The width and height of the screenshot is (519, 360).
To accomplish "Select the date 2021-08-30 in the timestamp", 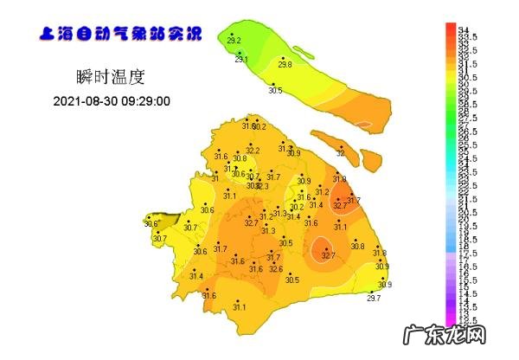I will click(86, 101).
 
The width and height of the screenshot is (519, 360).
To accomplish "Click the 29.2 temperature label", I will click(234, 41).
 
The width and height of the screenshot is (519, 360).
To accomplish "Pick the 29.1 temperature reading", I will click(241, 60).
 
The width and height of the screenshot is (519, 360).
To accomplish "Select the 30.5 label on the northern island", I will click(275, 90).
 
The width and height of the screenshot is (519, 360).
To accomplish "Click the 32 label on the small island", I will click(340, 153).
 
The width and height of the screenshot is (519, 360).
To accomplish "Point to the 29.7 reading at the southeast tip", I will click(374, 299).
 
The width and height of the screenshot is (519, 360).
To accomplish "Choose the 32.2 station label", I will click(253, 151).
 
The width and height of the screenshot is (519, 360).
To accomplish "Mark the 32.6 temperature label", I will click(275, 269).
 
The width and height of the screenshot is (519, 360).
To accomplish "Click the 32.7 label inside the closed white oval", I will click(328, 255).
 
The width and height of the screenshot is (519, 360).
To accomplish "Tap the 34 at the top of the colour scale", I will click(463, 28).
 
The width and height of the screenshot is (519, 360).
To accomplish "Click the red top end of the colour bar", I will click(450, 29).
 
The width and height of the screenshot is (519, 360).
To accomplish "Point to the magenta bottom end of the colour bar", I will click(450, 318).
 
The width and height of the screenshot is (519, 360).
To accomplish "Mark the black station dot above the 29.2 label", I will click(232, 34).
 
